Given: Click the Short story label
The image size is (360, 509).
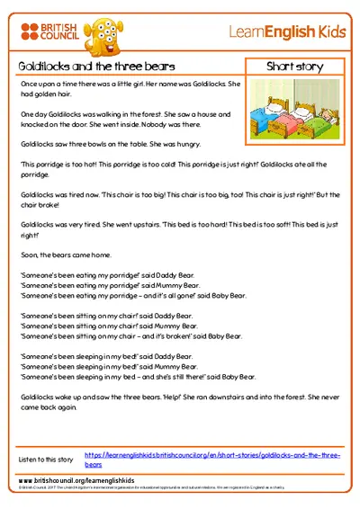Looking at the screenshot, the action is (x=292, y=67).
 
